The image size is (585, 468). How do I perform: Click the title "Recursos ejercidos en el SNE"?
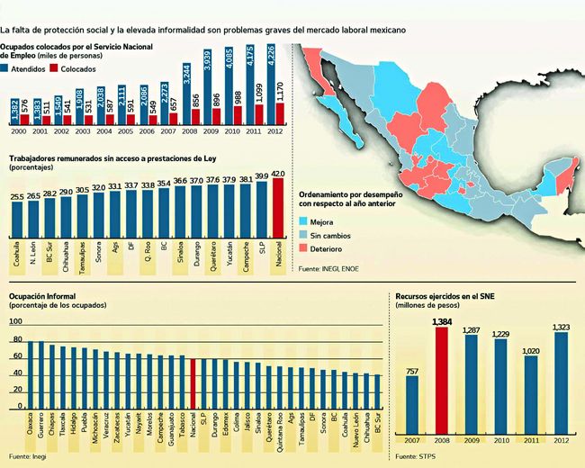click(445, 295)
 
